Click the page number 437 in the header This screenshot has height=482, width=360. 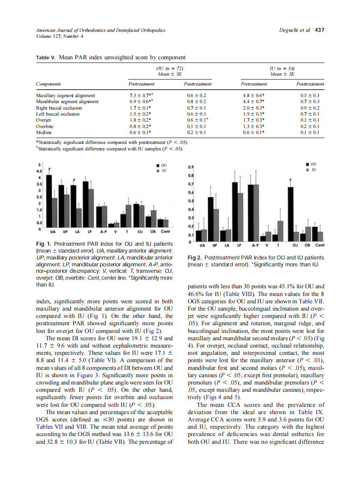tap(319, 30)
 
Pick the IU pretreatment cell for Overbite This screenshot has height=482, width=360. tap(252, 126)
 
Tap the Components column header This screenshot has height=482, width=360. tap(48, 84)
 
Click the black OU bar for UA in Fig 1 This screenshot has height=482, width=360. tap(49, 200)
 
